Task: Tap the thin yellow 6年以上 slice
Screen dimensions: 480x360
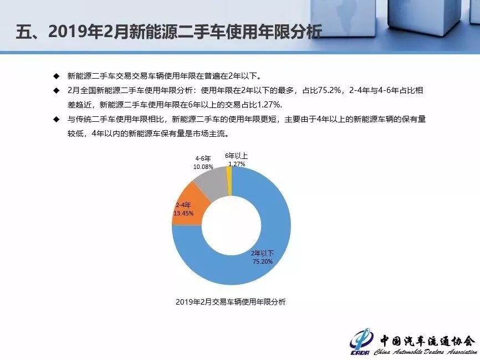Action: tap(229, 181)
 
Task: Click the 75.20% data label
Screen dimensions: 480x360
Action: tap(262, 261)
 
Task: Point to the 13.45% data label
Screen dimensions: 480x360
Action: tap(183, 213)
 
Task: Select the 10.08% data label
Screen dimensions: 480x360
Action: tap(203, 167)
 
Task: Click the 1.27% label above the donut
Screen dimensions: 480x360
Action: tap(237, 164)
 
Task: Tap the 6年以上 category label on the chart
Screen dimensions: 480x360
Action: tap(236, 156)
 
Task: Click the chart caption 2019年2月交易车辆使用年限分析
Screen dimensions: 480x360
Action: tap(231, 302)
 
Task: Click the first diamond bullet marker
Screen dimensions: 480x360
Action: tap(57, 76)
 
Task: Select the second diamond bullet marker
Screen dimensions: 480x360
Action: tap(57, 90)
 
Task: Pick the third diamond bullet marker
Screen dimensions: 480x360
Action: tap(57, 119)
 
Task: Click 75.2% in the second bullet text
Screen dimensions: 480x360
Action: tap(329, 90)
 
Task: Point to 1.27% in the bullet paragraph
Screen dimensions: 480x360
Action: tap(269, 105)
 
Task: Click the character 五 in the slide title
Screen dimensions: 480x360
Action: tap(24, 32)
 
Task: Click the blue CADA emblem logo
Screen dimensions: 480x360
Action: tap(361, 342)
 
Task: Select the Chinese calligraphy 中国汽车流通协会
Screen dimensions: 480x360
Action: tap(427, 341)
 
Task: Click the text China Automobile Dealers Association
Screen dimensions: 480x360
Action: tap(425, 352)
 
